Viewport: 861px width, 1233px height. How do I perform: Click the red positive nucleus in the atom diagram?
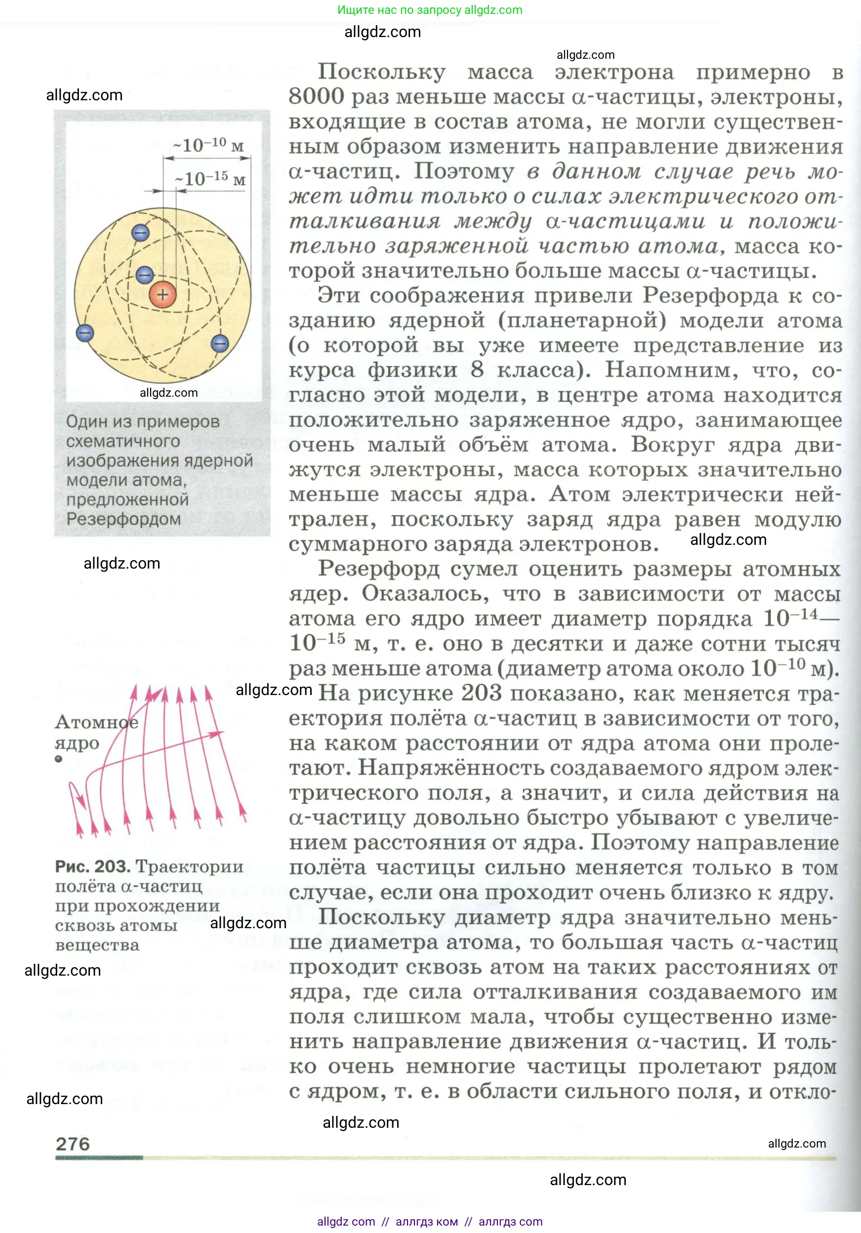click(163, 294)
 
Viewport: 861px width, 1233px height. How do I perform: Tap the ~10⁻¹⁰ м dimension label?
click(208, 146)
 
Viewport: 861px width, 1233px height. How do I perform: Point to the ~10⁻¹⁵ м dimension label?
click(210, 179)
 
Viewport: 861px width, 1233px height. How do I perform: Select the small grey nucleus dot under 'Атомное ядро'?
click(59, 759)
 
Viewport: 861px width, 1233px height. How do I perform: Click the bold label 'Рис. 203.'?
click(92, 866)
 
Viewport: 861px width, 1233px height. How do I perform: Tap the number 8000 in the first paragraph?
click(316, 97)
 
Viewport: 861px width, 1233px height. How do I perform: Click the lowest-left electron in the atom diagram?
click(85, 333)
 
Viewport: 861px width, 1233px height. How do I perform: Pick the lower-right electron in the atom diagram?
click(220, 343)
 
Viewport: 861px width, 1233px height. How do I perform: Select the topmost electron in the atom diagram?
click(140, 233)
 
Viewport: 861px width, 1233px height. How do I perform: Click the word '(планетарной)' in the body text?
click(582, 321)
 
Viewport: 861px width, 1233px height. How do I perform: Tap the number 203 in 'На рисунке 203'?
click(481, 693)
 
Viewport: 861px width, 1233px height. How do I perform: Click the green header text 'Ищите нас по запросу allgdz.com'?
click(430, 10)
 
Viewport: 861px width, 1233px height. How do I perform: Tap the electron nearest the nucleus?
click(144, 275)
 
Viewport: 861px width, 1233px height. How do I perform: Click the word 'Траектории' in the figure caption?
click(190, 866)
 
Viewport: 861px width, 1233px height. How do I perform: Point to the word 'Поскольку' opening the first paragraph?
click(381, 72)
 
